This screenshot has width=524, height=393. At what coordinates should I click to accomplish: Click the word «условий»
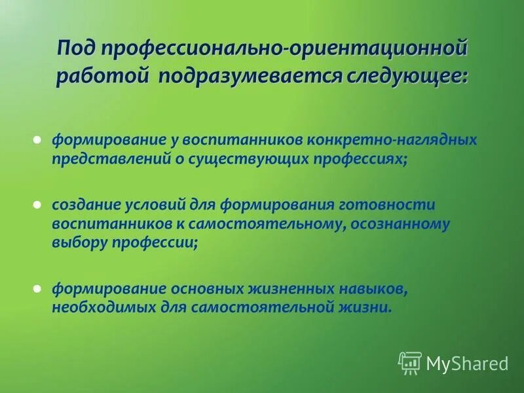(150, 205)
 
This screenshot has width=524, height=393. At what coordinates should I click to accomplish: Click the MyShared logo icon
(410, 362)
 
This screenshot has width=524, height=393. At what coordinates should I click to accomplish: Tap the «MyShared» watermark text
(467, 363)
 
